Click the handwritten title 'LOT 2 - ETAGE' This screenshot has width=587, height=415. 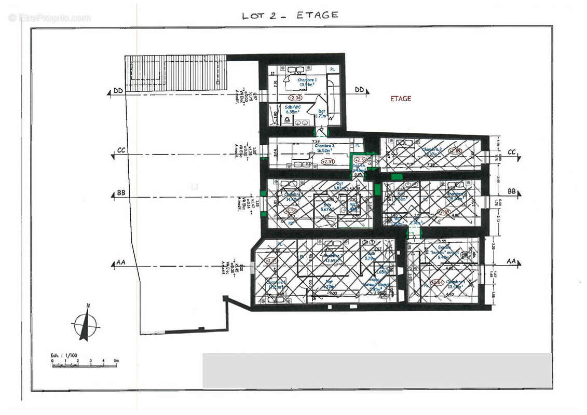point(290,15)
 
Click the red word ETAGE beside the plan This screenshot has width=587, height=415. point(400,99)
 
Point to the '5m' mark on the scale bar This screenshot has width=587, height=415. point(116,360)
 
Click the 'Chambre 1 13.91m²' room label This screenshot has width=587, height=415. point(307,82)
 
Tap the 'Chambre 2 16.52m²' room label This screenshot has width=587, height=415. point(324,148)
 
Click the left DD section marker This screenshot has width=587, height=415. point(117,92)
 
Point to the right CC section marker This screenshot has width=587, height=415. point(512,152)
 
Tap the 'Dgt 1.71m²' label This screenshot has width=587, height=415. point(322,114)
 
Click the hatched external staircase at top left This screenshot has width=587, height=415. point(175,73)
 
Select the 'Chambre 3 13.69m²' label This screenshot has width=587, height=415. point(332,258)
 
